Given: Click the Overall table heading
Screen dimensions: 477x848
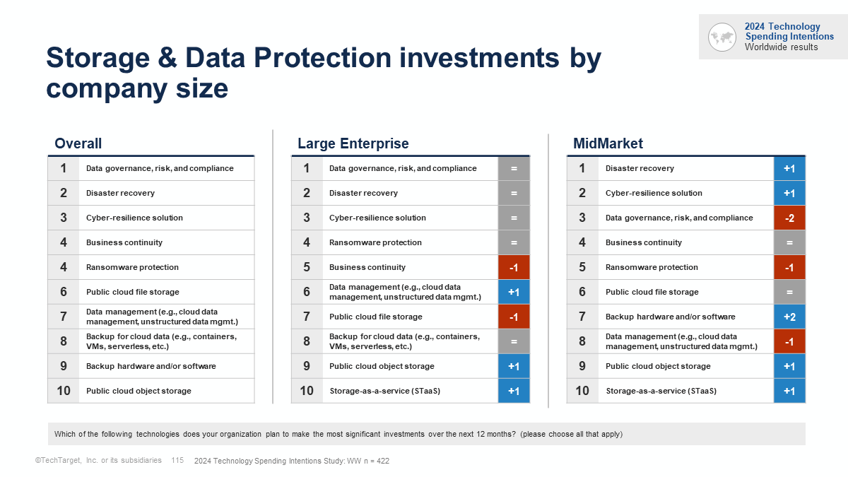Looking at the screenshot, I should click(78, 143).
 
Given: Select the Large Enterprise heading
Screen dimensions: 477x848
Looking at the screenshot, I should click(353, 143).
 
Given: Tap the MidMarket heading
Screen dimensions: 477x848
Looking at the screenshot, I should click(608, 143).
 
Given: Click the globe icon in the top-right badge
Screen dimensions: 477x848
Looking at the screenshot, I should click(722, 37).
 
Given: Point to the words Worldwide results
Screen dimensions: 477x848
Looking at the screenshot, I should click(781, 47).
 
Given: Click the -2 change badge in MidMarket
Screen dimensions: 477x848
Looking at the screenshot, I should click(789, 218).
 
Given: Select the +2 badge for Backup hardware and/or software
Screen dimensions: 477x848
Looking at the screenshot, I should click(789, 317).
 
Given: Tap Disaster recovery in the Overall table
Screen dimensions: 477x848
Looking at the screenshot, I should click(120, 193).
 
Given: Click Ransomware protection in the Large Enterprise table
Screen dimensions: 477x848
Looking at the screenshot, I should click(375, 242).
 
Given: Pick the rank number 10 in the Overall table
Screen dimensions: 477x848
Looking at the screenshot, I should click(64, 391).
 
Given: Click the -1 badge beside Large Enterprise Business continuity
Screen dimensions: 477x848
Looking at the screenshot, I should click(514, 268).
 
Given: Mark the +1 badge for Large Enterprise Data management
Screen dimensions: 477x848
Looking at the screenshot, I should click(514, 293).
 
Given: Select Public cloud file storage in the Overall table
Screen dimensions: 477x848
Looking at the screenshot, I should click(133, 292).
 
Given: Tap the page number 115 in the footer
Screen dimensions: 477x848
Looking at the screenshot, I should click(177, 461).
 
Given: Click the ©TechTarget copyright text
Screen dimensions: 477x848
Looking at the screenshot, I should click(98, 461).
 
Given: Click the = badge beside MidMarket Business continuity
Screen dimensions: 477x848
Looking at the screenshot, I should click(789, 243).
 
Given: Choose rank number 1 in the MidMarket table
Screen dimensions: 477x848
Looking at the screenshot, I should click(582, 168).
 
